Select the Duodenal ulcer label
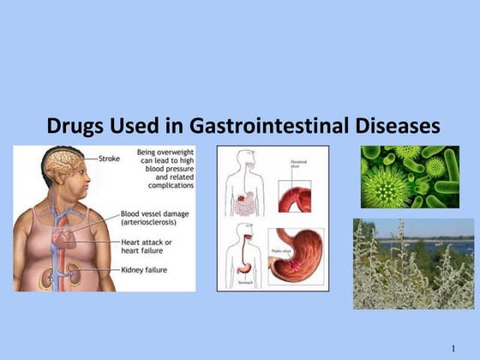pyautogui.click(x=294, y=161)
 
